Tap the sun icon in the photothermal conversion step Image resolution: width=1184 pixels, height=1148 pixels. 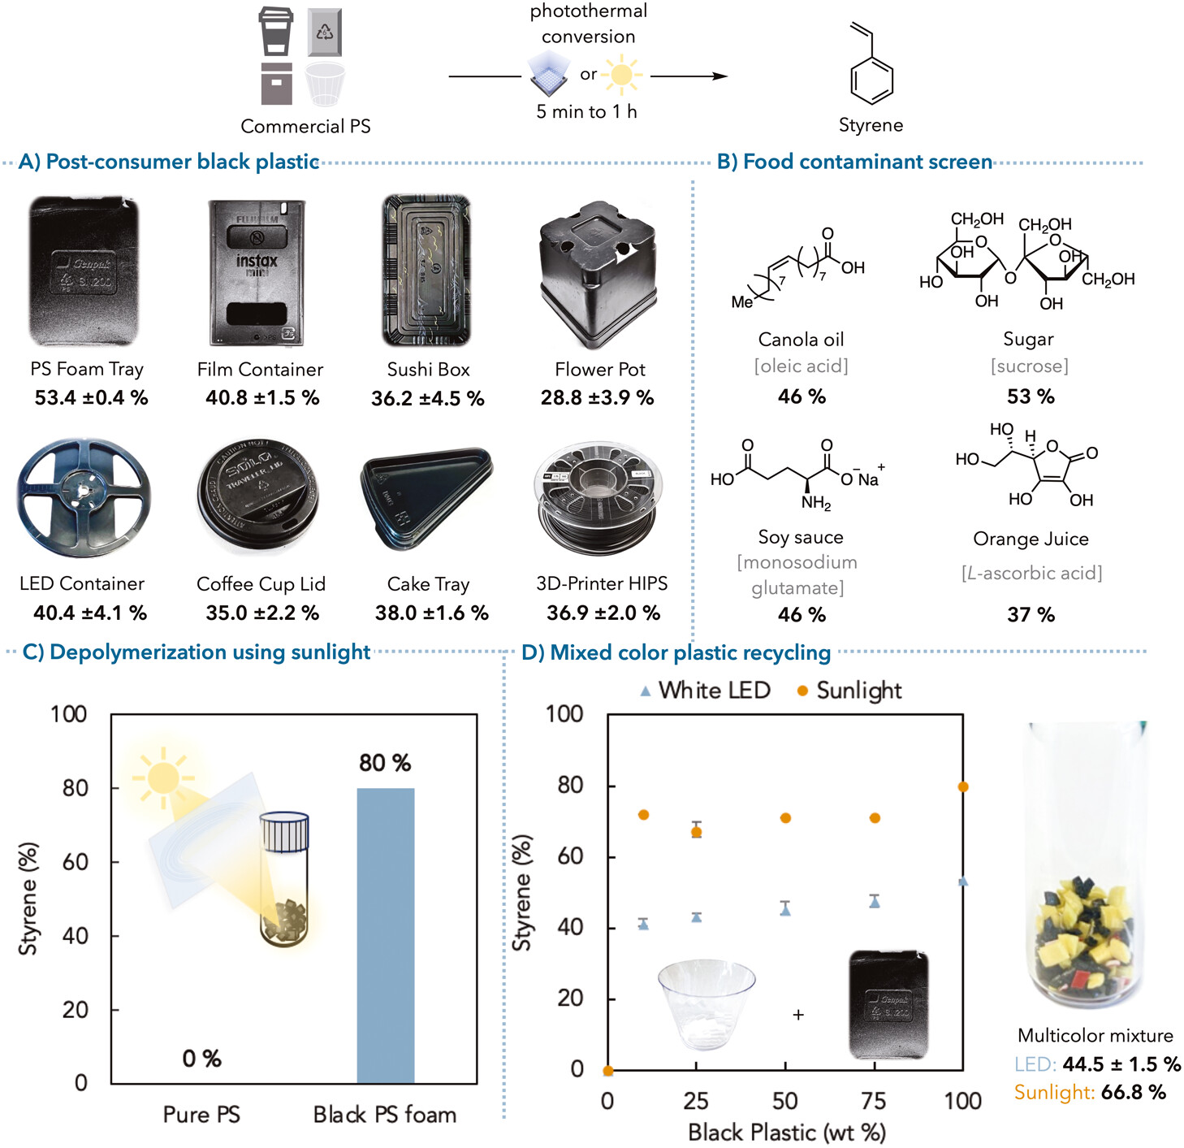621,75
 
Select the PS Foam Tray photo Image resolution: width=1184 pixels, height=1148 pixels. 84,271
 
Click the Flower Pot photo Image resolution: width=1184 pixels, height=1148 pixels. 598,271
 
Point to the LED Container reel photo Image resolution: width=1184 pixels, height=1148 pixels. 83,496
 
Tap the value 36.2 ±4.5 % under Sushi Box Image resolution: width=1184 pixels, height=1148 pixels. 427,399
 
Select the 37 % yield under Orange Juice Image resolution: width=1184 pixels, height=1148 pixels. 1031,615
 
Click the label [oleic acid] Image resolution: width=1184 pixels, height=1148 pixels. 801,366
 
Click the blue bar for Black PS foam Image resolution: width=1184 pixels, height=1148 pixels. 386,935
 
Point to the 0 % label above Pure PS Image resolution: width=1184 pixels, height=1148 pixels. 201,1059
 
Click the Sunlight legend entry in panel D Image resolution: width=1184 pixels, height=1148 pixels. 849,691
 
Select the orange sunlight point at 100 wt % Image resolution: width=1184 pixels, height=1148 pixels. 963,786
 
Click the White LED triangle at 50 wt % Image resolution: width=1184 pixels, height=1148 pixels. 785,911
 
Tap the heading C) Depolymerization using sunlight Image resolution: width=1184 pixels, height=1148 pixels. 196,652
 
